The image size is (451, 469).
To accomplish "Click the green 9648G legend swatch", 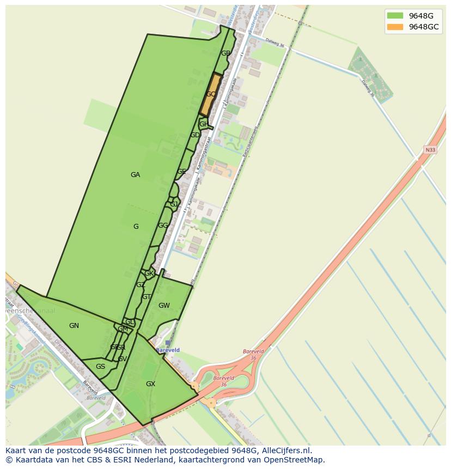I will (395, 15).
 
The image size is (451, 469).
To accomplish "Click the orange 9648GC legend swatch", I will (395, 27).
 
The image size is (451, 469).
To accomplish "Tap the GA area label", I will (135, 175).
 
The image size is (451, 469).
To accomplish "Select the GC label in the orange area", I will (211, 94).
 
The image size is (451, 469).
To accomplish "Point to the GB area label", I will (225, 53).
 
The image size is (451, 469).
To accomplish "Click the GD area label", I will (194, 135).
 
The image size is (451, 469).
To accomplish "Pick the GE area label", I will (181, 172).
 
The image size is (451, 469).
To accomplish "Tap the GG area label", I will (163, 226).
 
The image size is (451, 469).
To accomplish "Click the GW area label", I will (164, 306).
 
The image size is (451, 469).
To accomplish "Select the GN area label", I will (74, 326).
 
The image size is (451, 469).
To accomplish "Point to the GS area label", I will (100, 367).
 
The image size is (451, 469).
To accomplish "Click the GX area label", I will (150, 384).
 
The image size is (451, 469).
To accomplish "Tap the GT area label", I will (147, 297).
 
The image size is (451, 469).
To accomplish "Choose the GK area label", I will (149, 273).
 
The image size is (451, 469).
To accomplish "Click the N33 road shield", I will (430, 149).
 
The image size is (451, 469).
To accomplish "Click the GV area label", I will (122, 359).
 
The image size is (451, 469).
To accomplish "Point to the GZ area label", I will (141, 285).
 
